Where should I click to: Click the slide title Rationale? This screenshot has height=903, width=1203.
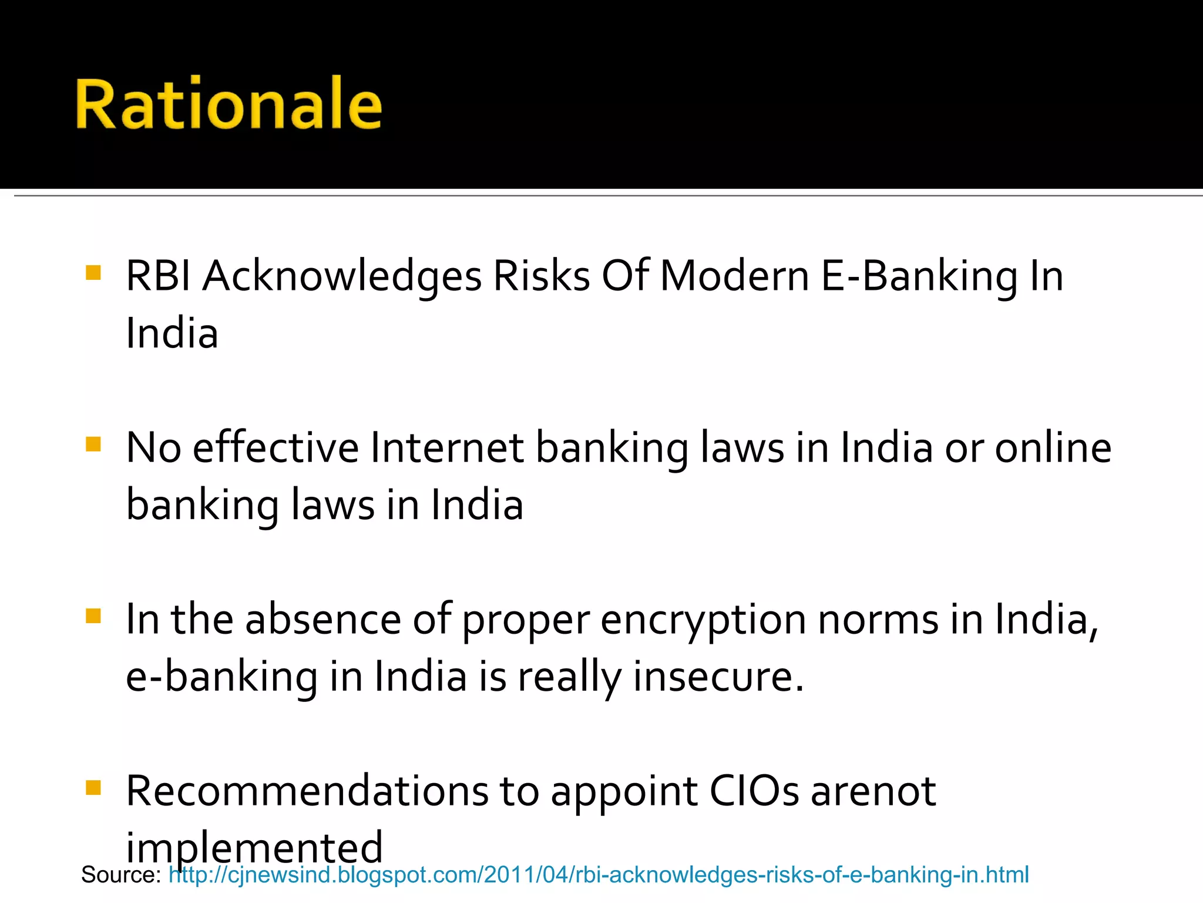click(x=228, y=104)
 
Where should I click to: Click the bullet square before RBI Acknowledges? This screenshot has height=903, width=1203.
click(x=93, y=273)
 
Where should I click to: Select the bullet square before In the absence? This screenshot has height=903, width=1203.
click(x=93, y=616)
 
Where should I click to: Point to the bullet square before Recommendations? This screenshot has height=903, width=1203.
click(x=93, y=787)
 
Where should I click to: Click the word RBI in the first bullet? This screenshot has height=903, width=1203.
click(x=158, y=276)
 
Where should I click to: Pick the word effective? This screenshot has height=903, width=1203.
click(x=275, y=448)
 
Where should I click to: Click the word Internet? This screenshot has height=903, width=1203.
click(x=447, y=448)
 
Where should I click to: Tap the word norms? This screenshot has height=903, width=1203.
click(x=878, y=621)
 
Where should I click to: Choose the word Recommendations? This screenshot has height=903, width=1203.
click(x=307, y=791)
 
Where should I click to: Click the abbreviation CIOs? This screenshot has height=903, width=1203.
click(x=754, y=791)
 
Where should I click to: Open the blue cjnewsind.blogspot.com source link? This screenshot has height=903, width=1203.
click(x=599, y=875)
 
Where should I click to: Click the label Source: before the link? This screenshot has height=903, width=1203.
click(x=121, y=875)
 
